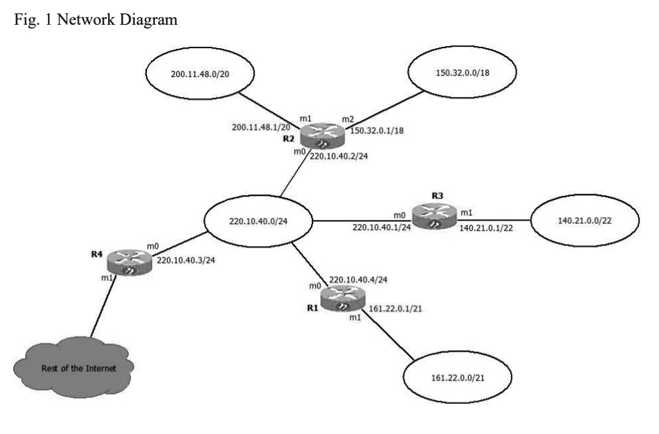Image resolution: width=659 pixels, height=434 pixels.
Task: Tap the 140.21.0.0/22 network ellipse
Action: (584, 219)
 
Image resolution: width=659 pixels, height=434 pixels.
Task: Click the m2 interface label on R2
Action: (347, 119)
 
